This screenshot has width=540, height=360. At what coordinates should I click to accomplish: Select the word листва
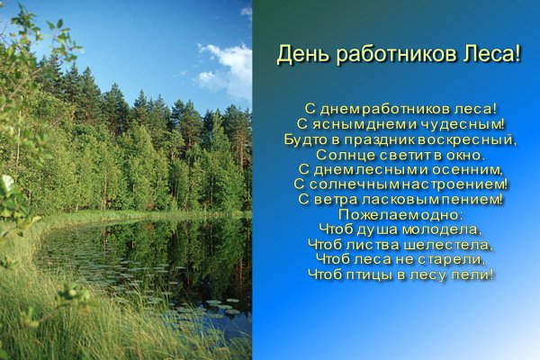click(369, 244)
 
